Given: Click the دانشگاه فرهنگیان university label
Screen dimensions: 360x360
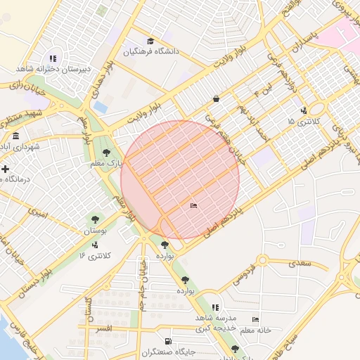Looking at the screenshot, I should pos(152,51).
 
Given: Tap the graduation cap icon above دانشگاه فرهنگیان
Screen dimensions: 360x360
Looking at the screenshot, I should pos(150,41).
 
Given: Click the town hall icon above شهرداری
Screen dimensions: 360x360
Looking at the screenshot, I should pos(16,136).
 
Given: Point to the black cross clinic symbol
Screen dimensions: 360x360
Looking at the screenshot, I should pos(6,169).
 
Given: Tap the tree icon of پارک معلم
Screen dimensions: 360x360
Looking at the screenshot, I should pos(107,152).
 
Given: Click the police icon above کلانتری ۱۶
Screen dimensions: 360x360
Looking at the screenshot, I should pos(94,244).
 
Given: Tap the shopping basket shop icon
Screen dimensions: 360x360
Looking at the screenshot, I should pos(216,99).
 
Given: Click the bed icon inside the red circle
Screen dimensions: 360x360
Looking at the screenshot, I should pos(193,205).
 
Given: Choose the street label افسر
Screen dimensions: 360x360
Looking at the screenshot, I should pos(103,328).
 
